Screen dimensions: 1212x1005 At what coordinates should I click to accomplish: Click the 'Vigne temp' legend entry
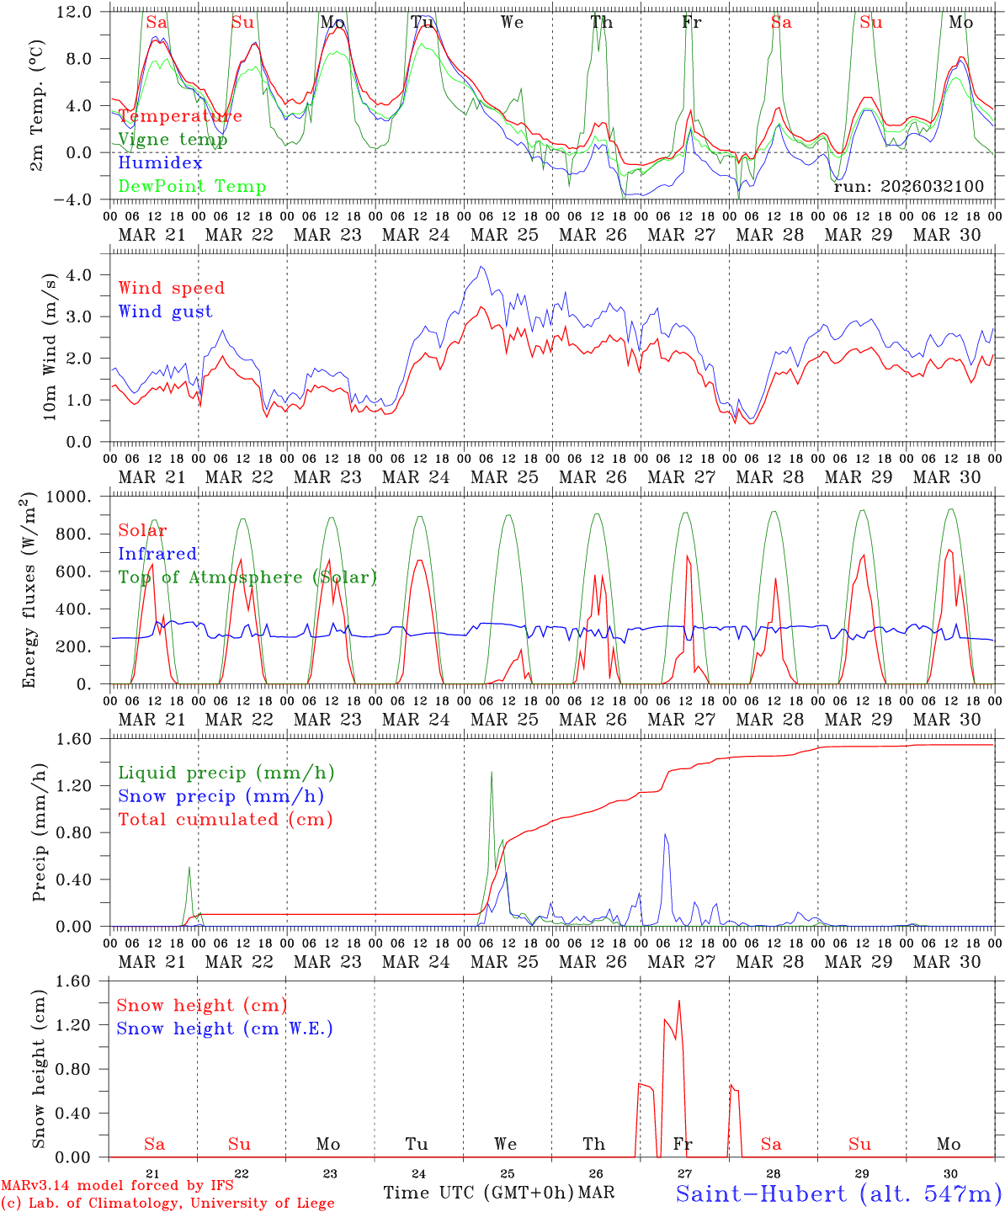[x=173, y=140]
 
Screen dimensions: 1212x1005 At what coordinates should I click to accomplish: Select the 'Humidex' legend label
[x=160, y=163]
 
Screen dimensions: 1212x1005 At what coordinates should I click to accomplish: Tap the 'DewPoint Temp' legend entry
[x=192, y=187]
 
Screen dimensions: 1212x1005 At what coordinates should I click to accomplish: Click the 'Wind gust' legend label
[x=165, y=311]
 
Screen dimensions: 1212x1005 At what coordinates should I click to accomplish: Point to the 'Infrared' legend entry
[x=157, y=554]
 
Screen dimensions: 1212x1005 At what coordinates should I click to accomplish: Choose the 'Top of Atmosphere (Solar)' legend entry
[x=247, y=577]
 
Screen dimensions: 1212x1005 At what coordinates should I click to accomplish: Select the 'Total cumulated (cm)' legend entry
[x=226, y=820]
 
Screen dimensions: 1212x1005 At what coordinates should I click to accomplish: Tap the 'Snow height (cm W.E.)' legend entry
[x=225, y=1029]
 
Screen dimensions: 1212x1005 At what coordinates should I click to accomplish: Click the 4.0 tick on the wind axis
[x=89, y=275]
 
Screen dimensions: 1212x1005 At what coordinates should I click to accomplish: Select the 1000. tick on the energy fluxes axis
[x=81, y=497]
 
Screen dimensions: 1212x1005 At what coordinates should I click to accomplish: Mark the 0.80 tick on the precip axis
[x=85, y=832]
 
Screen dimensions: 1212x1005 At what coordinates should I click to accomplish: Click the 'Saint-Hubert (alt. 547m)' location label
[x=838, y=1193]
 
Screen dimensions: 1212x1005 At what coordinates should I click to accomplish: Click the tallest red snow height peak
[x=678, y=1001]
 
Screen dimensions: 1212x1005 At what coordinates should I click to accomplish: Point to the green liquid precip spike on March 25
[x=492, y=773]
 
